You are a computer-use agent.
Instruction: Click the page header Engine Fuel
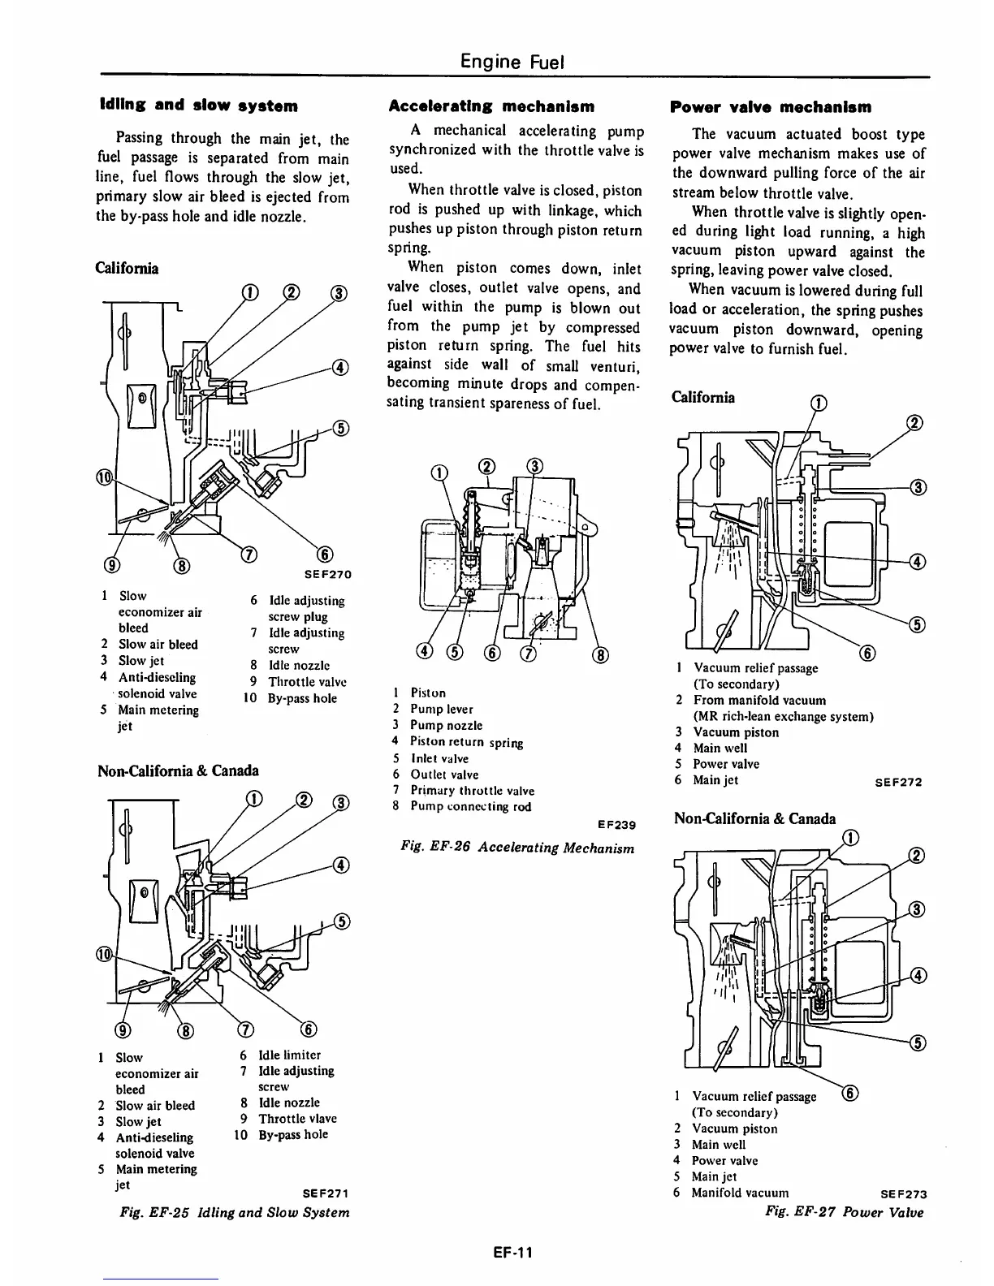point(512,61)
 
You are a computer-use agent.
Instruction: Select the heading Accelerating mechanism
point(491,106)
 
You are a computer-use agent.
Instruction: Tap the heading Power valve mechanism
point(771,106)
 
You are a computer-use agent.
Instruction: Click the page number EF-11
point(512,1251)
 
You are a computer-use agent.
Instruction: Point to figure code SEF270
point(327,574)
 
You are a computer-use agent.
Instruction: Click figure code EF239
point(615,825)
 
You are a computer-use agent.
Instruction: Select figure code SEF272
point(898,783)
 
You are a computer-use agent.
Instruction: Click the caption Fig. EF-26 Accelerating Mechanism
point(517,848)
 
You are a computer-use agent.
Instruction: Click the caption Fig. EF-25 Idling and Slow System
point(235,1212)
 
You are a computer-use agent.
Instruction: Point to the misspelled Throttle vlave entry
point(297,1119)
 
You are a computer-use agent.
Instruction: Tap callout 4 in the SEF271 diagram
point(341,865)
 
